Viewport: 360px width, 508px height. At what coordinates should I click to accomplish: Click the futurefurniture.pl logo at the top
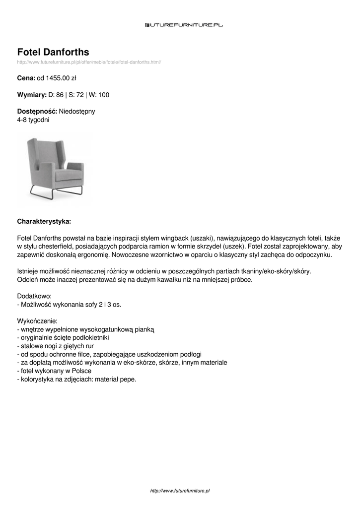point(184,24)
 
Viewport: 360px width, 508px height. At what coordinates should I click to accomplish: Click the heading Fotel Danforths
point(53,52)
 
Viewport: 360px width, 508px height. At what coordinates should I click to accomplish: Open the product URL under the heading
point(89,62)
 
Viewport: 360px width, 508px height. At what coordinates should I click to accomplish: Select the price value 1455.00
point(58,78)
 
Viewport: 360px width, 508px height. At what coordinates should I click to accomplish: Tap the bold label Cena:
point(26,78)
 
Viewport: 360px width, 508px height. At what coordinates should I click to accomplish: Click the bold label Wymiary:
point(32,95)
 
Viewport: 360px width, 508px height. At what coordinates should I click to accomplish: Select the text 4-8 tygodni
point(33,120)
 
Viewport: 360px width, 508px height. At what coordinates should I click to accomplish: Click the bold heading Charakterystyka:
point(44,221)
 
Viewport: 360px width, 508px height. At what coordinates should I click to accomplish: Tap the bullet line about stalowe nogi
point(56,346)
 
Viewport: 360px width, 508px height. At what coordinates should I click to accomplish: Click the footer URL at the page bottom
point(180,490)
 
